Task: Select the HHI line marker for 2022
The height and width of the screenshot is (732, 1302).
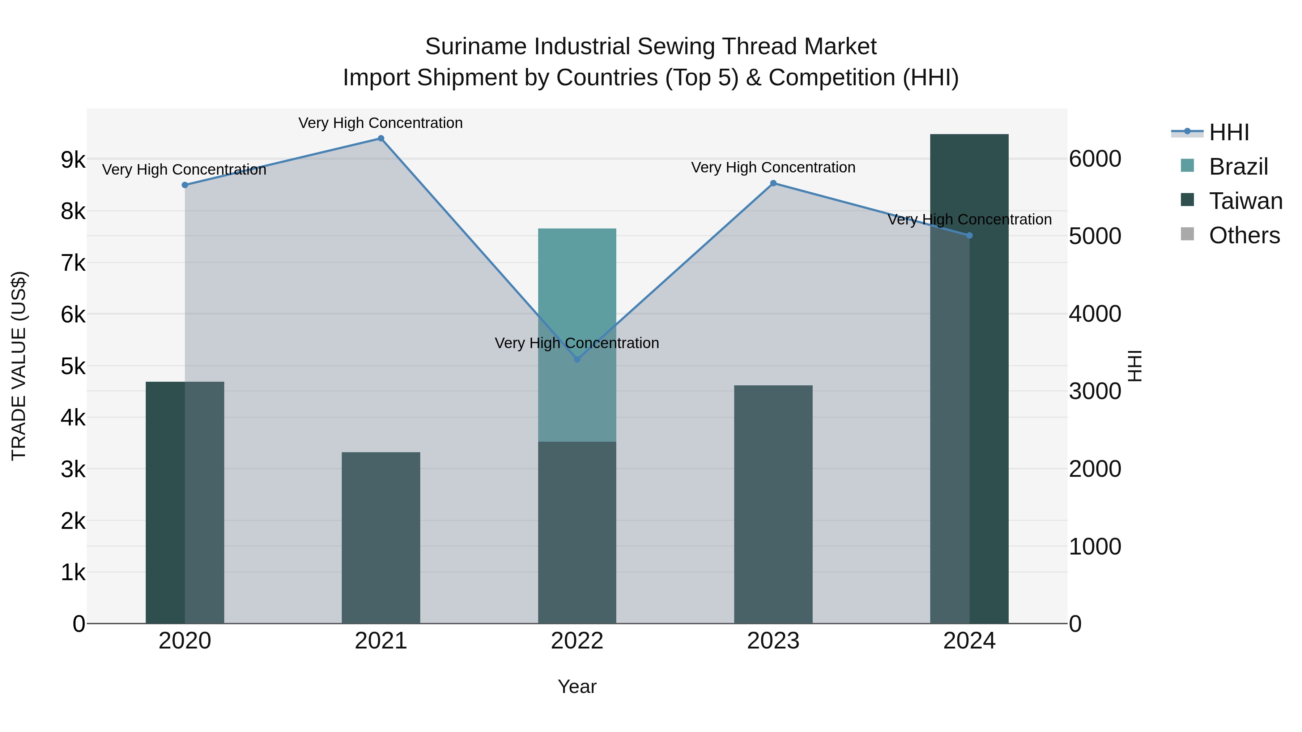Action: (577, 359)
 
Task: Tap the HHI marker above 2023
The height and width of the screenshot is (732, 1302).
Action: (773, 183)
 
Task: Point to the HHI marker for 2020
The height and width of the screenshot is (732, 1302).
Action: (185, 185)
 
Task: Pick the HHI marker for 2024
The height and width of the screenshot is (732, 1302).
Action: (969, 235)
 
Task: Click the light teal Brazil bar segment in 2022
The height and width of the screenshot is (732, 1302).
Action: (577, 283)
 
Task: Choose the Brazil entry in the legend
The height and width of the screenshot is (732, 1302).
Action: (1238, 167)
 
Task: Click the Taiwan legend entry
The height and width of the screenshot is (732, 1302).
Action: (1245, 201)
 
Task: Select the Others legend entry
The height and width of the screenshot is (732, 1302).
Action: (1244, 235)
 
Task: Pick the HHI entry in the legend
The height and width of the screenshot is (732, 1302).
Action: (1229, 132)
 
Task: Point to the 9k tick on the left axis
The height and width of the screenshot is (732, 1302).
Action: (73, 160)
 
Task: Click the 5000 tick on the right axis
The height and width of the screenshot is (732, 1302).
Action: (1095, 236)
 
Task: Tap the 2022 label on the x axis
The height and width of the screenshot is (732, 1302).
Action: (577, 641)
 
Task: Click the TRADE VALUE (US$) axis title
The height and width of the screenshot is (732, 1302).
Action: (19, 366)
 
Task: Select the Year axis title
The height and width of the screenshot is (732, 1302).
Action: (577, 686)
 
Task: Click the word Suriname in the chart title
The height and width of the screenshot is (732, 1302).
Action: (476, 47)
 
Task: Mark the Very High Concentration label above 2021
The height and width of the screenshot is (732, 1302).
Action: (380, 123)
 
